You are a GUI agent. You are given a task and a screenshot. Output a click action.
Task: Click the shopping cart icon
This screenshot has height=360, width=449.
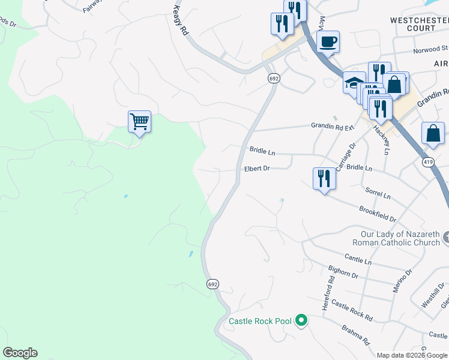click(139, 122)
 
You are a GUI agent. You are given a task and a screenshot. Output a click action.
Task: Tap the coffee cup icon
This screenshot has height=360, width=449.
click(328, 42)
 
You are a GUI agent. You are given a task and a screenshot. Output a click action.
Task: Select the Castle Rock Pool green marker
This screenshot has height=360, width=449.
click(303, 321)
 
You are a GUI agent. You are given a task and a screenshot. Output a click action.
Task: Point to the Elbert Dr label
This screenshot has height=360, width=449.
click(257, 169)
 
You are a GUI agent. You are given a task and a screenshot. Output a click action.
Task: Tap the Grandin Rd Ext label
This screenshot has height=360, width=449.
click(333, 125)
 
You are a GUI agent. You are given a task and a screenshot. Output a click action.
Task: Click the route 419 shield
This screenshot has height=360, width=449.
click(428, 162)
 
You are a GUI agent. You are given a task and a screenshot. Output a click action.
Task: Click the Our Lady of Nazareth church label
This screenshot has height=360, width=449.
click(400, 238)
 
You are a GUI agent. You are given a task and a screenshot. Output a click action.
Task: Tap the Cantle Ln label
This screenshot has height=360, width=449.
click(358, 262)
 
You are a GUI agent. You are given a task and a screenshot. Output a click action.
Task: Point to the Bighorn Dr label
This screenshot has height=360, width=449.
click(343, 273)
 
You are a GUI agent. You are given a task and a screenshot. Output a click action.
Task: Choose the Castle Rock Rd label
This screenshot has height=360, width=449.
click(352, 310)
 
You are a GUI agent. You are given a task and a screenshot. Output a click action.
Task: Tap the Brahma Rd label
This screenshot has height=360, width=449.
click(355, 335)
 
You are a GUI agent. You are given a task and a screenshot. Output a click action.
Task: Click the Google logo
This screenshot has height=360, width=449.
click(20, 353)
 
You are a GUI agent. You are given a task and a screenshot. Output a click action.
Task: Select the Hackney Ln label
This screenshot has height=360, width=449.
click(381, 140)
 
